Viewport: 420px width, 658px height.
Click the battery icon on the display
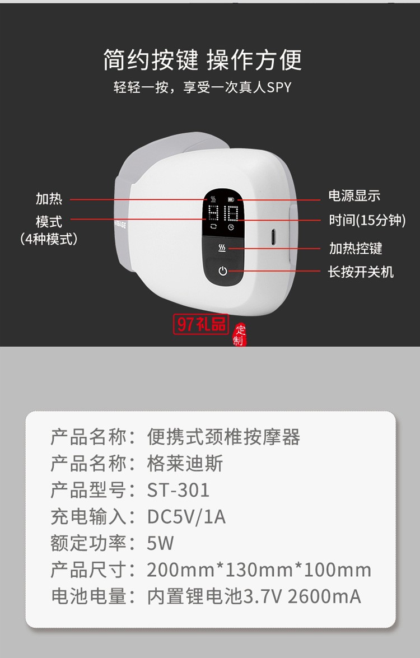click(x=231, y=199)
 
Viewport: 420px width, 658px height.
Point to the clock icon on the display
click(x=231, y=228)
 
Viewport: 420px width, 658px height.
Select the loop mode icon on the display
click(x=213, y=228)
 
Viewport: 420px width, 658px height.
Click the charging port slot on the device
click(x=274, y=237)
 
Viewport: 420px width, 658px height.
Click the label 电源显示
click(x=354, y=196)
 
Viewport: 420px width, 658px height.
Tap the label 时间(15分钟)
click(x=367, y=220)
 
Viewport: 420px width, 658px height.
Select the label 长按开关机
click(x=361, y=272)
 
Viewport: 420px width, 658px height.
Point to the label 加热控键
click(x=356, y=248)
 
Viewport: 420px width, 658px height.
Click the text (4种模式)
click(x=49, y=239)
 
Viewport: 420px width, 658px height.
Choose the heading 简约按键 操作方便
click(x=202, y=60)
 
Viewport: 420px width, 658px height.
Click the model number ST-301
click(x=178, y=491)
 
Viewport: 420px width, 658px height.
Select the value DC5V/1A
click(x=186, y=517)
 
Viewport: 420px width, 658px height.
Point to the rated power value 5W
click(x=160, y=543)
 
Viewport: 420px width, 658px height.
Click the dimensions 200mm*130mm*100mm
click(x=259, y=570)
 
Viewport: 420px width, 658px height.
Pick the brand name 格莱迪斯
click(x=185, y=464)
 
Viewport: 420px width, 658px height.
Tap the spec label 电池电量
click(x=90, y=596)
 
